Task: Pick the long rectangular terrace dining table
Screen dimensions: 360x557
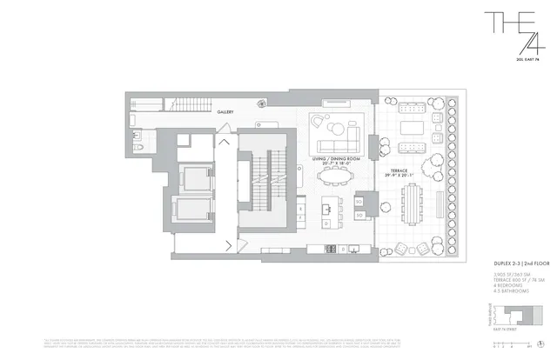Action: click(x=410, y=203)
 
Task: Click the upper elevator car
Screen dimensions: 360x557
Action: click(x=192, y=177)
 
